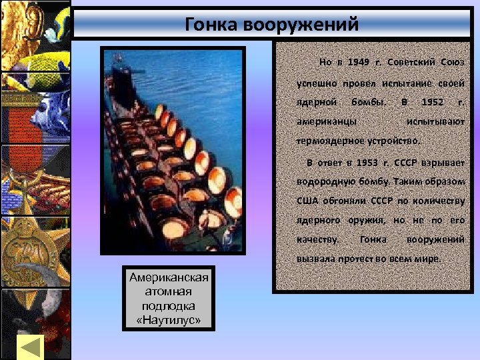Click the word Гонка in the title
pyautogui.click(x=213, y=25)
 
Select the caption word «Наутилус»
pyautogui.click(x=169, y=319)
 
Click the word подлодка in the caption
pyautogui.click(x=169, y=306)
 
